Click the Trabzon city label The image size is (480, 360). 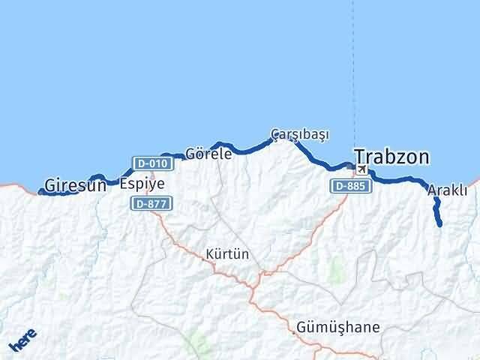coord(391,157)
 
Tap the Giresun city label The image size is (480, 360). coord(75,184)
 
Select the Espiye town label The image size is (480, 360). coord(142,183)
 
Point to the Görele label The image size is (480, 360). coord(208,153)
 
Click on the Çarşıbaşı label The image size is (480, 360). coord(300,134)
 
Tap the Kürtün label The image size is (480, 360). coord(227,254)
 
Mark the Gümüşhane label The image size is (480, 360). coord(337,328)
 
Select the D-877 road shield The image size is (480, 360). coord(151,202)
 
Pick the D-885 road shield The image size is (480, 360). coord(349,185)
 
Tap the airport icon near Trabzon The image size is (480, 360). coord(362,169)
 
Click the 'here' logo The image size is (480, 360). coord(22,341)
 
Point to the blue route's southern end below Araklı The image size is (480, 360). coord(439,223)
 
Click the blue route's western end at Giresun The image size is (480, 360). coord(40,191)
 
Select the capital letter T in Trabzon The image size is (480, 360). coord(361,157)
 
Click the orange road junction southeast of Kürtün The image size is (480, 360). coord(260,274)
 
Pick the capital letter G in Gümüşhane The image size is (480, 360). coord(301,328)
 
